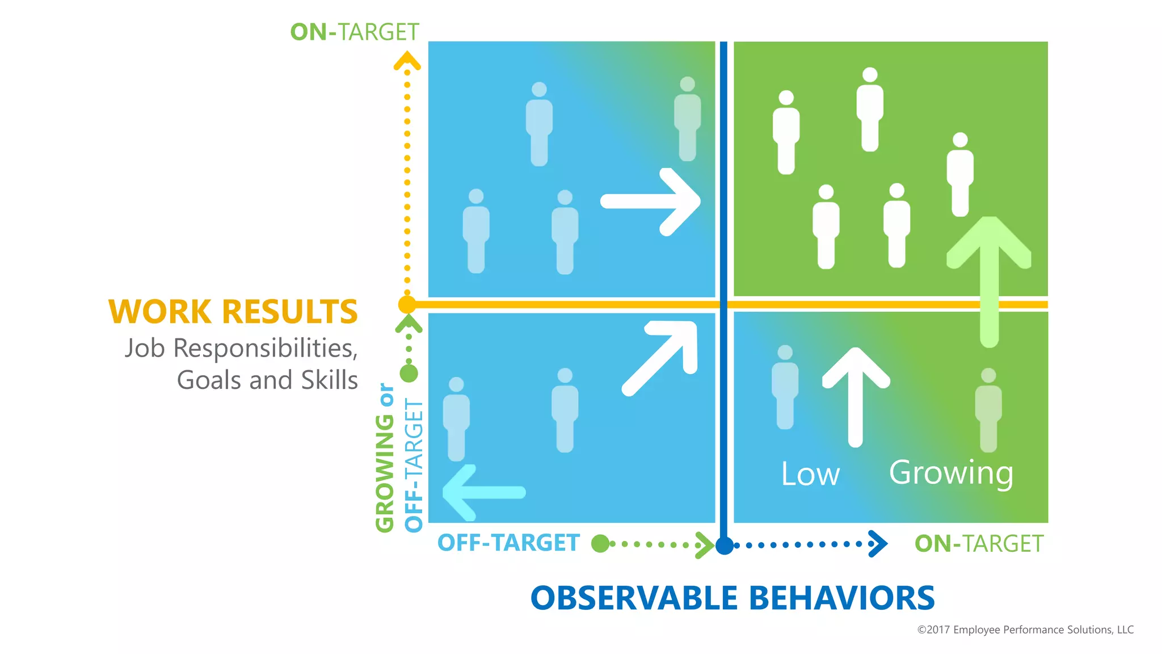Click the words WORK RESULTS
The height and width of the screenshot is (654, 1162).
click(233, 312)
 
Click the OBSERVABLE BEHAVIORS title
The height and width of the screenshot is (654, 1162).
click(732, 598)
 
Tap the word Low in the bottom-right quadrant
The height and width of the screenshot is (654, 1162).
click(810, 474)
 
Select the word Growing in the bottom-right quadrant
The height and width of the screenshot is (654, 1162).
click(951, 473)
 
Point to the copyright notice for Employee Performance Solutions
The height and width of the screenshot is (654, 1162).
click(1025, 630)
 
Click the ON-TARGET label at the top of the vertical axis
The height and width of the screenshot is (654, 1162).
click(355, 32)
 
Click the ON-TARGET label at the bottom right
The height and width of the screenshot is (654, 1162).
click(979, 544)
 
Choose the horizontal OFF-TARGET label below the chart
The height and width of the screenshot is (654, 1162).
click(508, 543)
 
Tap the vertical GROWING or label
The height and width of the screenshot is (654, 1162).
click(385, 458)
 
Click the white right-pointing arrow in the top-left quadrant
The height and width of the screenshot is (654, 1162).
click(651, 202)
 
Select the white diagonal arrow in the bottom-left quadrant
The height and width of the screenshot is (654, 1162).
click(662, 358)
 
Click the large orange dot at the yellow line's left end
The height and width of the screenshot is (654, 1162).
click(407, 305)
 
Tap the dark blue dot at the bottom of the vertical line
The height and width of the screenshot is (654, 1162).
click(724, 546)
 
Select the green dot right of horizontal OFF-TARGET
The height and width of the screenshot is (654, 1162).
click(600, 544)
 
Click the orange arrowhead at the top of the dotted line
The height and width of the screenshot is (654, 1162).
click(407, 60)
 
